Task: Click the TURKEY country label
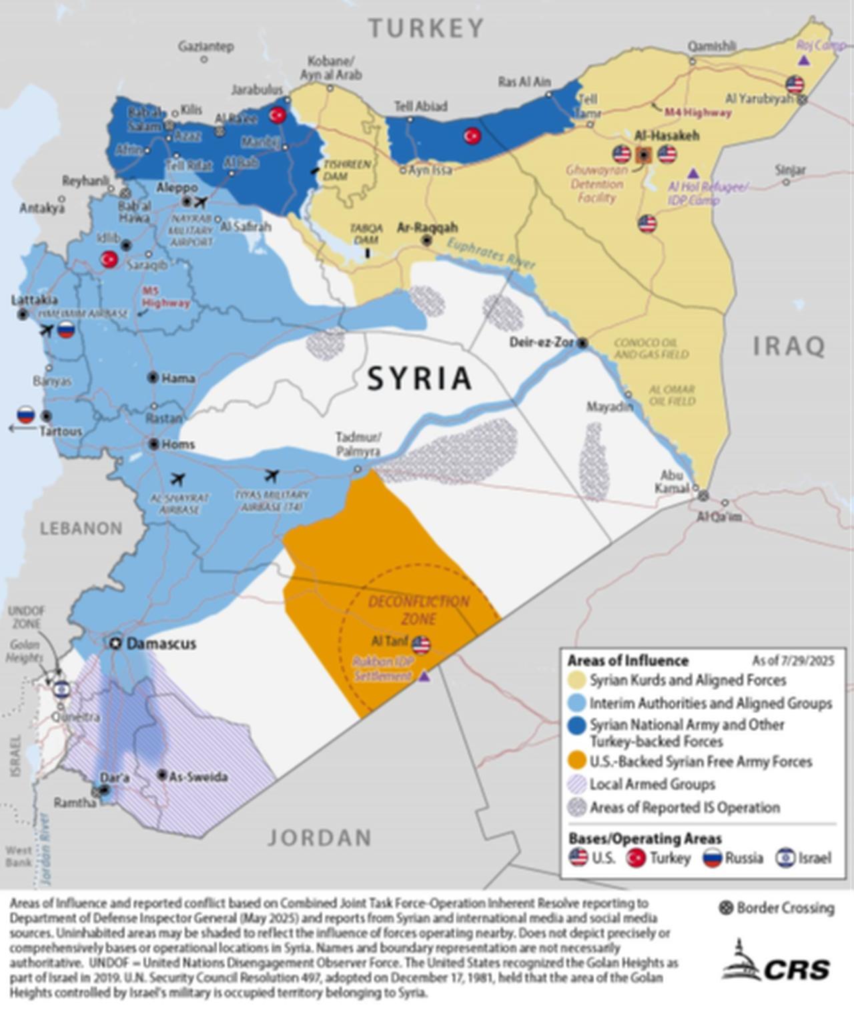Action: (x=426, y=28)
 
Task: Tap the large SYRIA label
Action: (x=420, y=379)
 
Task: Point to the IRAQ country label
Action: (x=789, y=347)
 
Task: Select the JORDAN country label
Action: (x=320, y=837)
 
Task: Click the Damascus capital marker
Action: (x=116, y=643)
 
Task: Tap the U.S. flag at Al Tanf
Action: (x=421, y=645)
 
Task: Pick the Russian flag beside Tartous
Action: (x=25, y=415)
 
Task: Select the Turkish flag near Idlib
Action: (x=109, y=260)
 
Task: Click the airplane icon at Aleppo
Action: (x=201, y=202)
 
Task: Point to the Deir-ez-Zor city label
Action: (x=542, y=343)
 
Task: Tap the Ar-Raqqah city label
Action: (x=427, y=228)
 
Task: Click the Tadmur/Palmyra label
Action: (x=358, y=444)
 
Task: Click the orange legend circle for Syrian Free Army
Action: (x=577, y=761)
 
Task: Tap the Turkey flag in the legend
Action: (x=636, y=858)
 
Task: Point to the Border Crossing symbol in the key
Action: (x=726, y=908)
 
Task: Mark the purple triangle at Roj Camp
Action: (x=805, y=61)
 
